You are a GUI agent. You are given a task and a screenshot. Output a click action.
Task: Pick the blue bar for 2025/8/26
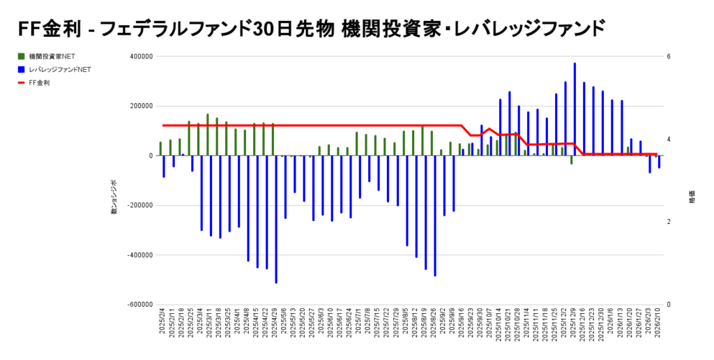435,216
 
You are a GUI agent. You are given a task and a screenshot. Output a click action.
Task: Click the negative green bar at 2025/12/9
571,160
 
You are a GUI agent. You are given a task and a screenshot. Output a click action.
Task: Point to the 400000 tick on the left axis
139,57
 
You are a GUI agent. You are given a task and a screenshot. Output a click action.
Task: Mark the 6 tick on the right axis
668,57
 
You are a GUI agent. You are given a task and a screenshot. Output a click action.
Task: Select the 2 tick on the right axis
668,222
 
